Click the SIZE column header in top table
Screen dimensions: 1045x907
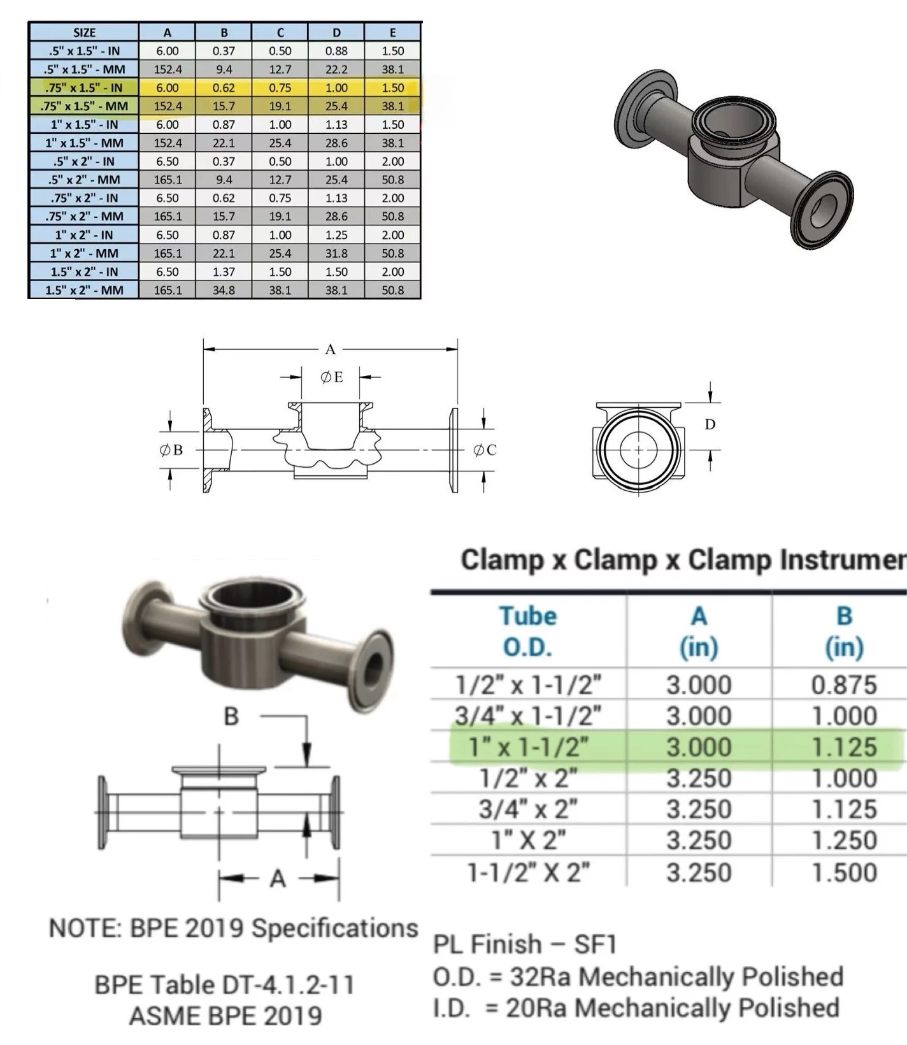(83, 32)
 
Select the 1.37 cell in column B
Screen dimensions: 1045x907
(224, 271)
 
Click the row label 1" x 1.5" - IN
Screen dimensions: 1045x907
(83, 124)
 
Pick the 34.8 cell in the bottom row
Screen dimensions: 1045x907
(224, 290)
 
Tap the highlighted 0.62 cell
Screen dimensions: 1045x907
(224, 88)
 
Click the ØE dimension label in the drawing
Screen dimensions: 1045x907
(331, 377)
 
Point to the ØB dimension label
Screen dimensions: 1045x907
(171, 450)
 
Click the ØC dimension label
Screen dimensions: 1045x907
(484, 450)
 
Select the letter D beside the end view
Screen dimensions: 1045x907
(710, 424)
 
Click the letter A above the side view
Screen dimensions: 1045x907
(330, 349)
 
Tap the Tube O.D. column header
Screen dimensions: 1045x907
(528, 631)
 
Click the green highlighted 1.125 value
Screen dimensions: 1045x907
(844, 747)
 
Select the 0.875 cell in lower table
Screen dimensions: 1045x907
(844, 685)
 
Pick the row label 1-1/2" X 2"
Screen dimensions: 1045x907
(528, 872)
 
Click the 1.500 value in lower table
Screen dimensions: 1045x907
(844, 872)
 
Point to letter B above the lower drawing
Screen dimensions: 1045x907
(231, 717)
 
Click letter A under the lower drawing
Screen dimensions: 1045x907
(278, 879)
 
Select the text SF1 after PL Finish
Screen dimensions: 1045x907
(596, 944)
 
